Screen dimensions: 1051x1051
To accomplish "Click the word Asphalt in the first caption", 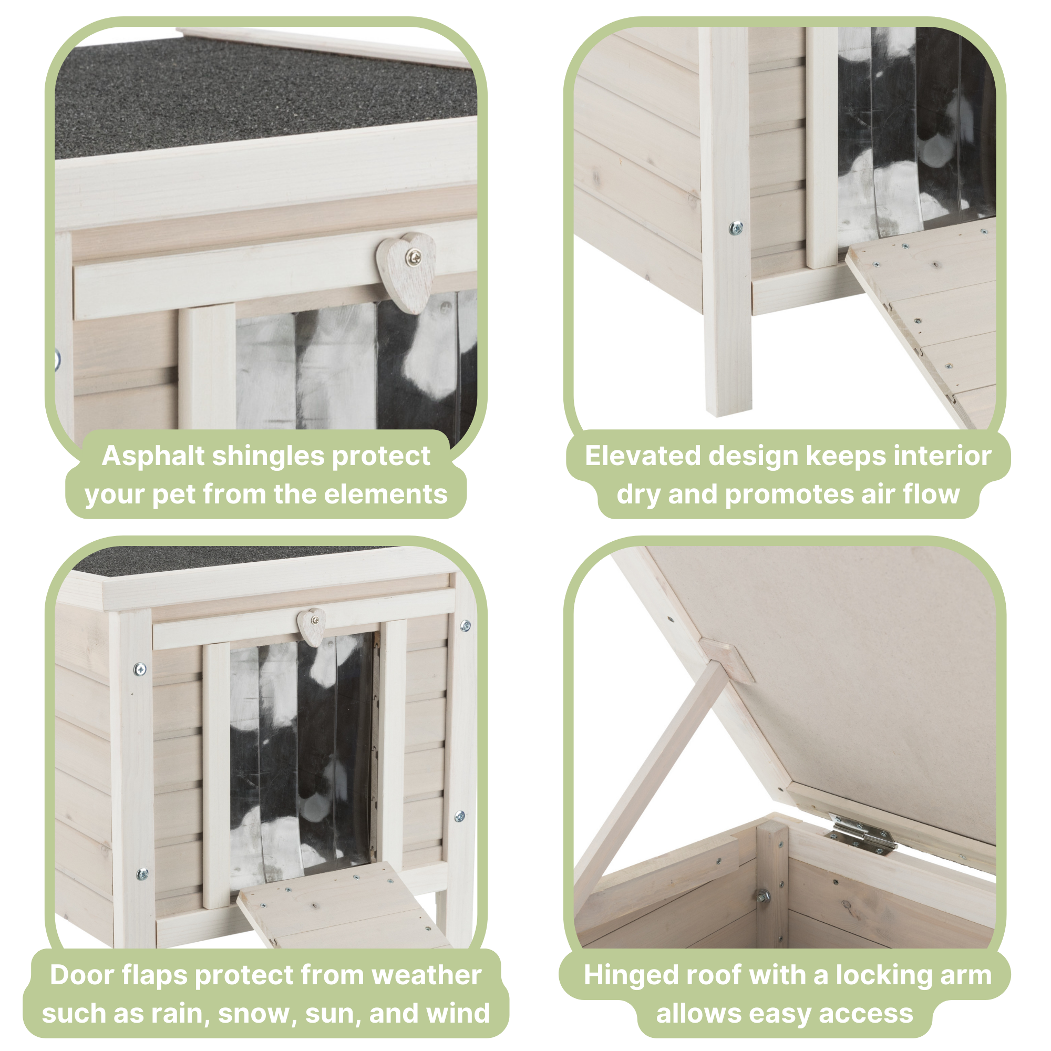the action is pos(153,456).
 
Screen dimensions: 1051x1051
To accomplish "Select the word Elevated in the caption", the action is pos(643,456).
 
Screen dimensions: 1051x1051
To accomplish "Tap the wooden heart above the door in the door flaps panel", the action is pos(312,627).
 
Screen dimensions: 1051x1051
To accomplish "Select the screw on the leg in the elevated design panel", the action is pos(736,228).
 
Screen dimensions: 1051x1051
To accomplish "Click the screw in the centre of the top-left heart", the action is pos(416,254).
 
